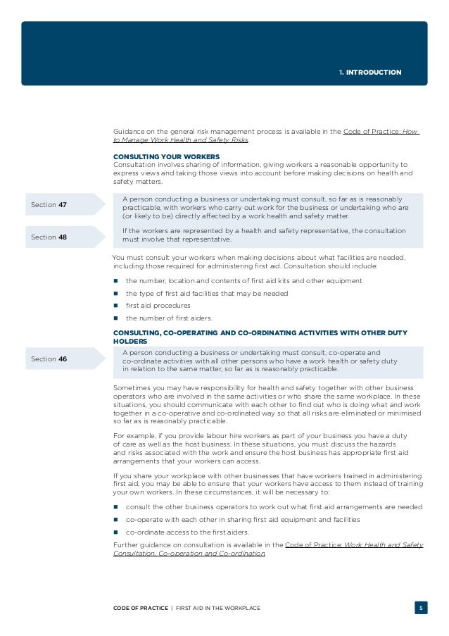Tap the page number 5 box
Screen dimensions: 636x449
pos(421,607)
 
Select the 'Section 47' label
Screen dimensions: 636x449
pos(49,204)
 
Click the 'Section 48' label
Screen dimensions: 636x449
pos(49,237)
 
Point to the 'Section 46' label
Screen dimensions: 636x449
pos(49,358)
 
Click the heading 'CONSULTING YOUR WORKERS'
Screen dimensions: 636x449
pos(166,156)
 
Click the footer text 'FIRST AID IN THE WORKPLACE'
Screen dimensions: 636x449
pos(217,607)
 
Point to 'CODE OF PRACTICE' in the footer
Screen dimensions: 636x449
pos(140,607)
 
